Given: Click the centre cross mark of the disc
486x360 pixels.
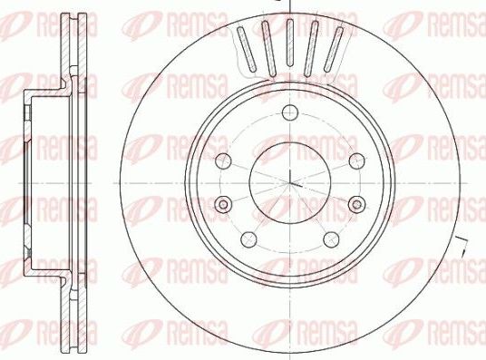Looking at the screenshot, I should pos(288,179).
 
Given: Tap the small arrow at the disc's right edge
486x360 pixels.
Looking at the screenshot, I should pos(464,243).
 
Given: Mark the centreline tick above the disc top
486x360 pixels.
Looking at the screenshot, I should pos(288,5).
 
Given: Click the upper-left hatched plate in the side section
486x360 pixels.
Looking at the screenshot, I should pos(69,50).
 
